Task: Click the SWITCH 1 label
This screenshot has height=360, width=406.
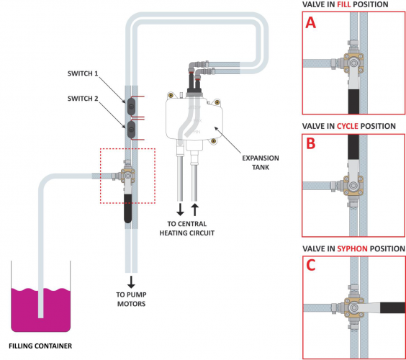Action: click(x=83, y=73)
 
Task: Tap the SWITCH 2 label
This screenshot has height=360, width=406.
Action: click(x=83, y=99)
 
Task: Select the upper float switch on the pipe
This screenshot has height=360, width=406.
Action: click(x=131, y=106)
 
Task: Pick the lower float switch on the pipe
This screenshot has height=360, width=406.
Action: click(x=131, y=130)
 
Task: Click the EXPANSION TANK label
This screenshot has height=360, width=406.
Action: click(x=261, y=163)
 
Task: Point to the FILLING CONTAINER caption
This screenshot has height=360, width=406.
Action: click(x=40, y=346)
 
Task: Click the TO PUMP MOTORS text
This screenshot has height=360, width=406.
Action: click(x=131, y=299)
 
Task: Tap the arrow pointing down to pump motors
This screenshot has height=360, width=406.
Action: click(x=131, y=282)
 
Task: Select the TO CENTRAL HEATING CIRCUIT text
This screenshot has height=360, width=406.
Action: click(x=187, y=228)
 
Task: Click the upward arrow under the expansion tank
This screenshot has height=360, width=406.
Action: click(x=194, y=210)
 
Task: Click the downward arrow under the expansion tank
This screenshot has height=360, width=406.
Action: click(x=180, y=210)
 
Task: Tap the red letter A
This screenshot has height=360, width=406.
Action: click(x=311, y=23)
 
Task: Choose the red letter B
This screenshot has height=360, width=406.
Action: click(x=311, y=143)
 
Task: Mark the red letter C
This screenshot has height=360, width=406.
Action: click(x=311, y=265)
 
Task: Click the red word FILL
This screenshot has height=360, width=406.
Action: click(x=343, y=4)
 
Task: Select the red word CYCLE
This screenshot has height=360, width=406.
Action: click(x=348, y=126)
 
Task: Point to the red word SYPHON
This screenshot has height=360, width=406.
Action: click(x=352, y=248)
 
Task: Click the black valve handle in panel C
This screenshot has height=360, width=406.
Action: click(x=392, y=307)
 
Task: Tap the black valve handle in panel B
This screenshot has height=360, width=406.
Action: click(x=353, y=147)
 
